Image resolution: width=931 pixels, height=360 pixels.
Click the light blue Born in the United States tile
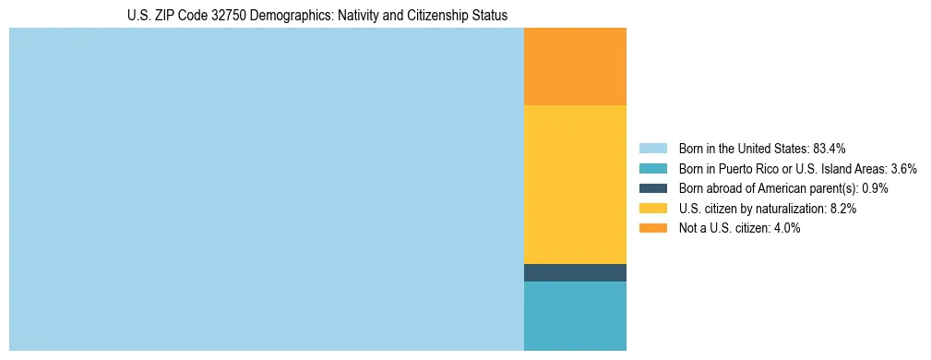point(266,189)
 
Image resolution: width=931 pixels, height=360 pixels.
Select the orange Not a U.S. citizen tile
point(575,66)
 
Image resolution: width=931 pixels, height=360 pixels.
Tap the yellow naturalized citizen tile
point(575,185)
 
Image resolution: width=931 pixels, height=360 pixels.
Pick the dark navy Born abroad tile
point(575,272)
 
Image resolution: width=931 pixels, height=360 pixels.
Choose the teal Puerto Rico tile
point(575,316)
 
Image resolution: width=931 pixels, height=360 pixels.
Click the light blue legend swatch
point(652,149)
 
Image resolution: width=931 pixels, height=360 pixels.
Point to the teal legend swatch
point(652,169)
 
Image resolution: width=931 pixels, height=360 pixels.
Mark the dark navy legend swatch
point(652,188)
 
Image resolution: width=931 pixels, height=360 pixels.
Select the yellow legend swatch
point(652,209)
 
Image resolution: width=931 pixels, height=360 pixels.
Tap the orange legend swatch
point(652,228)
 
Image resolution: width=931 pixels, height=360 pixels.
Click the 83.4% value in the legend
point(830,149)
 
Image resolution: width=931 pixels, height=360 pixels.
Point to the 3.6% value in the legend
point(903,169)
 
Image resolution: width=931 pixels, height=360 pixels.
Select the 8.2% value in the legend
point(843,209)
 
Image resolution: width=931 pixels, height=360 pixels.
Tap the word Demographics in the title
point(294,15)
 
